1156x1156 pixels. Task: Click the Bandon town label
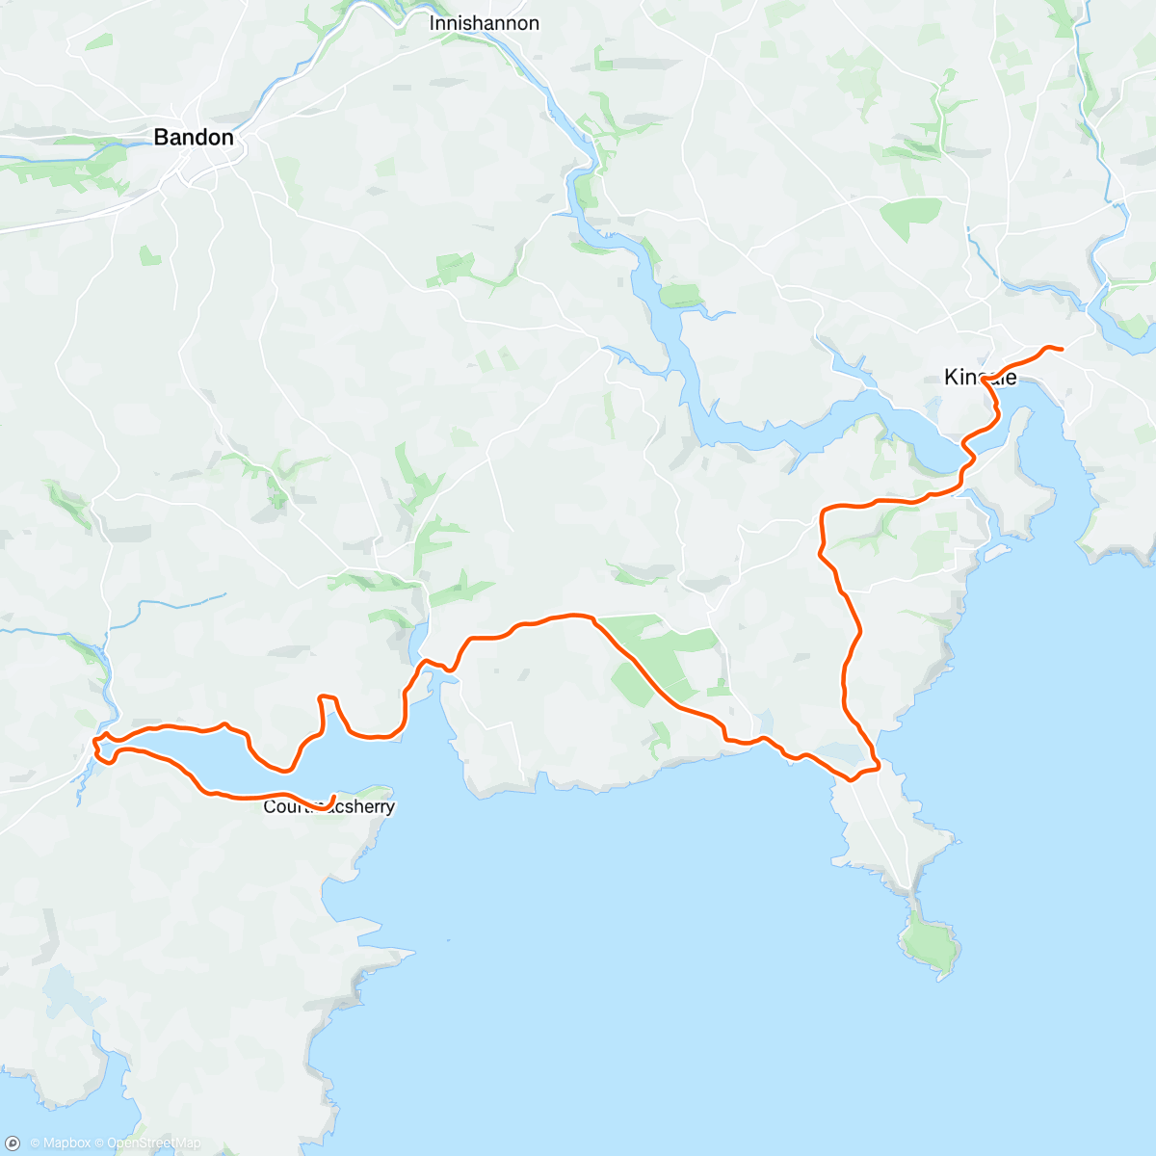pyautogui.click(x=194, y=138)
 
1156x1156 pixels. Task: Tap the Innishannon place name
pyautogui.click(x=484, y=23)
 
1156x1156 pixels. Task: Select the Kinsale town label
pyautogui.click(x=980, y=377)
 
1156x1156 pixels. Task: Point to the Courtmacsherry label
pyautogui.click(x=329, y=807)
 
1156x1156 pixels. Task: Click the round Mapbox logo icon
pyautogui.click(x=13, y=1143)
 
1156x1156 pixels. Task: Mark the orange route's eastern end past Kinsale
pyautogui.click(x=1061, y=349)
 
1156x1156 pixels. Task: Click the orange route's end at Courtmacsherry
pyautogui.click(x=333, y=797)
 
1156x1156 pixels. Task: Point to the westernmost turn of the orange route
pyautogui.click(x=94, y=742)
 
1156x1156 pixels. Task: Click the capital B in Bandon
pyautogui.click(x=162, y=138)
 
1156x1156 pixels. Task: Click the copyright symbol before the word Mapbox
pyautogui.click(x=35, y=1143)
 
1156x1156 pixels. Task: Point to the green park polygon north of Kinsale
pyautogui.click(x=909, y=212)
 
